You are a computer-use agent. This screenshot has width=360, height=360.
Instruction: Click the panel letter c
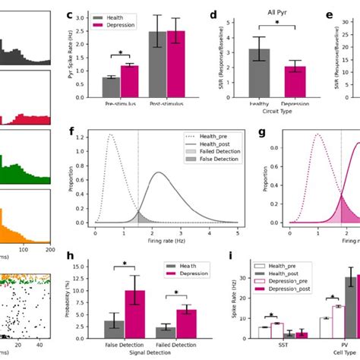tap(70, 14)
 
